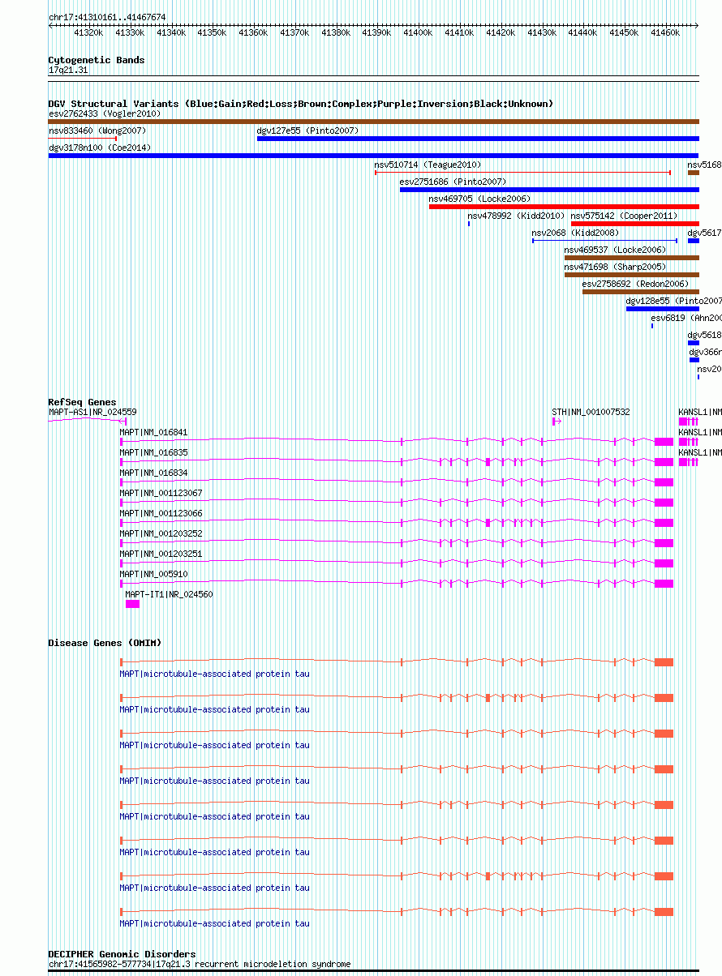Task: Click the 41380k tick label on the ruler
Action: pos(335,33)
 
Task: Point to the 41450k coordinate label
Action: pos(624,33)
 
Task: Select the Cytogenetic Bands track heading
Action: pos(97,60)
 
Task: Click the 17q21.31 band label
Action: pos(68,71)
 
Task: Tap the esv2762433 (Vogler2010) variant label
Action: pos(104,113)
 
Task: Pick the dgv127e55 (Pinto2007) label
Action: pos(307,131)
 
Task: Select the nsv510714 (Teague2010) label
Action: pos(428,165)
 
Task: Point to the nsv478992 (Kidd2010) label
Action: pos(516,216)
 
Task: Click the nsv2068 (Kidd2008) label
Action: pos(575,233)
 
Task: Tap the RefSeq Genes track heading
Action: pos(82,402)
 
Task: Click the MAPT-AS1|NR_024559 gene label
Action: pos(92,412)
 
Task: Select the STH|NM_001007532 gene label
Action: pos(591,412)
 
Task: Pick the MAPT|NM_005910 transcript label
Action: pos(153,574)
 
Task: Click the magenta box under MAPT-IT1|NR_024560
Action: pos(132,604)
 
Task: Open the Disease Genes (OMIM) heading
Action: pos(105,643)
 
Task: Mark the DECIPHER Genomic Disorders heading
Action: pos(122,954)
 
